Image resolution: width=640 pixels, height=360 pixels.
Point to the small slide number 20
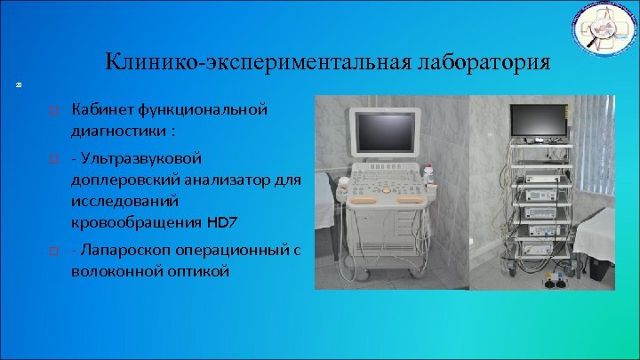click(x=18, y=85)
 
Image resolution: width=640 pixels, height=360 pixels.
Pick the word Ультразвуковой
click(x=143, y=157)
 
